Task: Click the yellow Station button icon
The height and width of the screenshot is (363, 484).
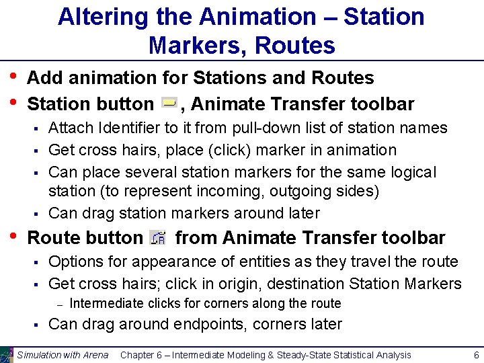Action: click(x=170, y=103)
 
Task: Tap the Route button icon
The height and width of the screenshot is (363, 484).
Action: click(x=159, y=237)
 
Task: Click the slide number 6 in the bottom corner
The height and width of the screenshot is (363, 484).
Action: click(x=475, y=355)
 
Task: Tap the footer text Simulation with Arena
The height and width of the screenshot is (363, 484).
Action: click(x=62, y=355)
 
